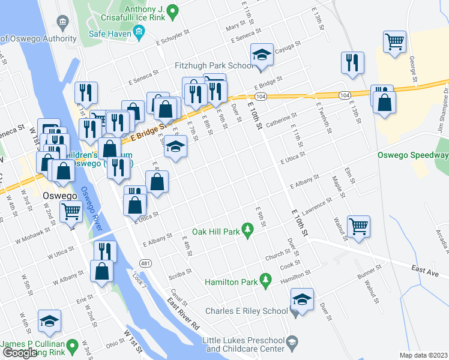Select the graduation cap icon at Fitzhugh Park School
(x=262, y=55)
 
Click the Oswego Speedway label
(x=413, y=155)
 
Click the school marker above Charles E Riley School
(x=302, y=299)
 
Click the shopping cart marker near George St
(x=394, y=41)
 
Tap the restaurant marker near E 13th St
(x=351, y=62)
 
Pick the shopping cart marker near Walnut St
(x=358, y=226)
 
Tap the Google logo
(x=19, y=352)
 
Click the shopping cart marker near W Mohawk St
(x=71, y=211)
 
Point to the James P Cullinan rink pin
(x=72, y=346)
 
